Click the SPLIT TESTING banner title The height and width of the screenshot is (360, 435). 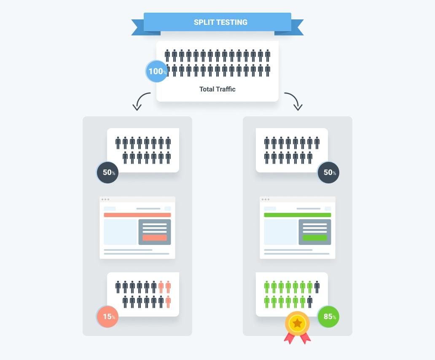(x=220, y=22)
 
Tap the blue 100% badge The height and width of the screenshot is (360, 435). (x=157, y=71)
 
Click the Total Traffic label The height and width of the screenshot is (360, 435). (x=217, y=89)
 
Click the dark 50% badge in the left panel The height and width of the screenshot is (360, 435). (x=107, y=172)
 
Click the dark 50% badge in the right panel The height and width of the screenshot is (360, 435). (x=328, y=172)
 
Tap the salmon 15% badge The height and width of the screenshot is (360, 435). (x=107, y=317)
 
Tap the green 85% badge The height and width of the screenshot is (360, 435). (x=328, y=317)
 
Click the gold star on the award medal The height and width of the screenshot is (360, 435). (x=297, y=323)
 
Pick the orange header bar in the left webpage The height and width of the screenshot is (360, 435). (x=137, y=215)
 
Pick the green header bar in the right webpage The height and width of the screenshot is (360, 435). (x=298, y=215)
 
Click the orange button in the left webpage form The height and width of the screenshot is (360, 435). (x=155, y=238)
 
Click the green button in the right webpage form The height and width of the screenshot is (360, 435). (x=314, y=238)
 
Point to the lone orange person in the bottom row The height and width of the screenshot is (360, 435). (x=168, y=302)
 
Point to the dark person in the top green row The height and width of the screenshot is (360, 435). (x=317, y=287)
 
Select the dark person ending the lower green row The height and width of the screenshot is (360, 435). (x=310, y=302)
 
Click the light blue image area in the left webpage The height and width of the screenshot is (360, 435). (x=121, y=232)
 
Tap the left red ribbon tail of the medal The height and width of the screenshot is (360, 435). (x=289, y=338)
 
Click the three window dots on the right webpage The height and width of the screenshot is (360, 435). (x=266, y=199)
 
